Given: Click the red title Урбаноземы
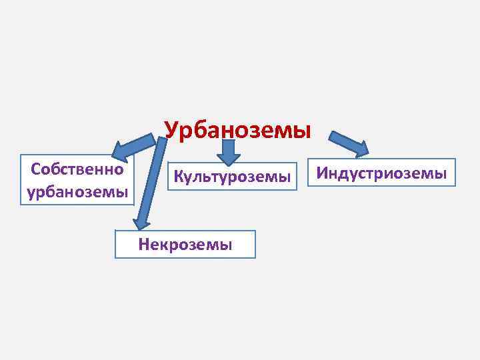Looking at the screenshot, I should pyautogui.click(x=237, y=129).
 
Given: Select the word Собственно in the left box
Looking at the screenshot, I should pyautogui.click(x=77, y=169).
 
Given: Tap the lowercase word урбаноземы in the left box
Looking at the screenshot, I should pyautogui.click(x=77, y=192).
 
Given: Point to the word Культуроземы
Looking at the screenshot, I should pyautogui.click(x=232, y=177).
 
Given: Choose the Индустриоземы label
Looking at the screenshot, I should pyautogui.click(x=381, y=173).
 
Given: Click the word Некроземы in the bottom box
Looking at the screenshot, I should pyautogui.click(x=185, y=244).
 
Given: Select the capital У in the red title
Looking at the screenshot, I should pyautogui.click(x=171, y=129).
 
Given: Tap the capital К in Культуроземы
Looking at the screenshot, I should pyautogui.click(x=178, y=177).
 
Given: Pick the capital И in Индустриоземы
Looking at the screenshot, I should pyautogui.click(x=322, y=173).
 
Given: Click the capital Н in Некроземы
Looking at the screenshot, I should pyautogui.click(x=143, y=244).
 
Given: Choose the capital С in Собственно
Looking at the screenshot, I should pyautogui.click(x=36, y=169).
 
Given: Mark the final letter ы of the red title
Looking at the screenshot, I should pyautogui.click(x=303, y=130).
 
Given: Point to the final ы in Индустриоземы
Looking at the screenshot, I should pyautogui.click(x=441, y=174).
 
